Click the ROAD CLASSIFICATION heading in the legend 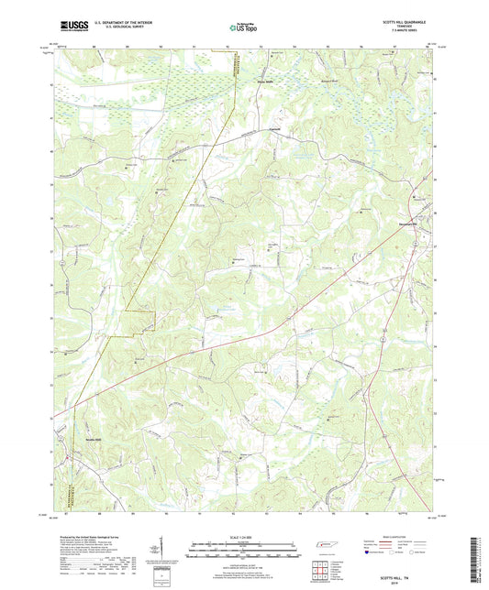point(402,538)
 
